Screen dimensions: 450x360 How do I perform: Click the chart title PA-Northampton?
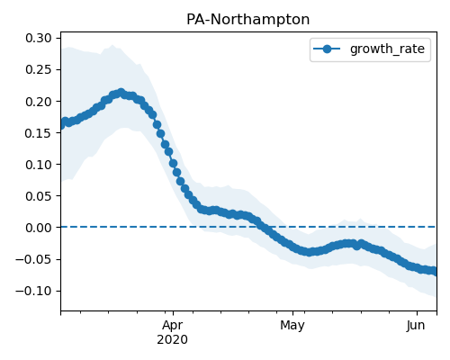(x=247, y=20)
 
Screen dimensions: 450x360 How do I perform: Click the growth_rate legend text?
(x=387, y=49)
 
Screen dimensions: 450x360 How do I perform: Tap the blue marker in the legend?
(x=327, y=49)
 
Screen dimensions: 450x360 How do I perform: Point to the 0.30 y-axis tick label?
(x=39, y=38)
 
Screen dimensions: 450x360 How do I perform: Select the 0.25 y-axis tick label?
(x=39, y=69)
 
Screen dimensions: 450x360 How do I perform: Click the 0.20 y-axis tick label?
(x=39, y=102)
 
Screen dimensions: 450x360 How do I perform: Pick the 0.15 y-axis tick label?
(x=39, y=133)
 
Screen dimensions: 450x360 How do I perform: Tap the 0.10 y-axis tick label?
(x=39, y=165)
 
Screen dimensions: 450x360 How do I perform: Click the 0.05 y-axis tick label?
(x=39, y=196)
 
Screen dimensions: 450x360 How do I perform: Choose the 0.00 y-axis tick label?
(x=39, y=228)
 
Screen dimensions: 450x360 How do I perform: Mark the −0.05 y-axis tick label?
(x=34, y=259)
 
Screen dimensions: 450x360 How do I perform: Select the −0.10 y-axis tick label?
(x=34, y=291)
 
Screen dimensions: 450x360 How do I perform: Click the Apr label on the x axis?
(x=173, y=326)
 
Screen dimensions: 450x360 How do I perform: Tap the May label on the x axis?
(x=292, y=326)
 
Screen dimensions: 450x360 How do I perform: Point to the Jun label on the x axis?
(x=416, y=326)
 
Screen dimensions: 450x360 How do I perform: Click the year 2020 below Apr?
(x=173, y=340)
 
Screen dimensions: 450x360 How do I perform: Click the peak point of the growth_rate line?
(x=121, y=93)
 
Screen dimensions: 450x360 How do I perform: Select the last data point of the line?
(x=435, y=272)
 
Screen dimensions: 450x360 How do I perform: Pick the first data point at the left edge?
(x=62, y=124)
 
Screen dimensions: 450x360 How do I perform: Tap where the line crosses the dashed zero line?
(x=263, y=227)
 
